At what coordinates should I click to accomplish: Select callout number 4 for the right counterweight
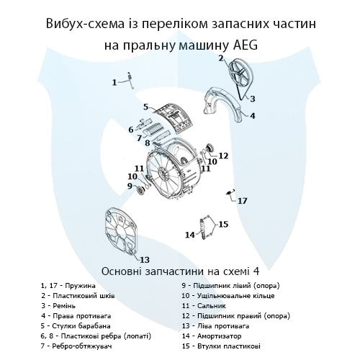click(253, 114)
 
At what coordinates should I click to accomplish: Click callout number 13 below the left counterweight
click(144, 259)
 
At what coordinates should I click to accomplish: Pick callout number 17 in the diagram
click(243, 201)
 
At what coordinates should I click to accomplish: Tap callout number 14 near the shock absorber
click(189, 235)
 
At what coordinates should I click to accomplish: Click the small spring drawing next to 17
click(230, 192)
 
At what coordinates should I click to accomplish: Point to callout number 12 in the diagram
click(223, 155)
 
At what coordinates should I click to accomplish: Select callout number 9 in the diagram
click(131, 186)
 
